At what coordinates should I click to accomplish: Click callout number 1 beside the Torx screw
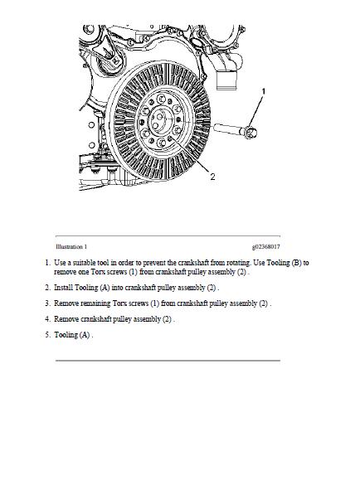(263, 91)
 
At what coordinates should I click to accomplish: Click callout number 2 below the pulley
(212, 177)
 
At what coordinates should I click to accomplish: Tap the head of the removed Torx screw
(251, 132)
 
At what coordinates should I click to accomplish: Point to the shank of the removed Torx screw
(229, 129)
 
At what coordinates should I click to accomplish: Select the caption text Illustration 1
(71, 247)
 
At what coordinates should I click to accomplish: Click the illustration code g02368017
(266, 247)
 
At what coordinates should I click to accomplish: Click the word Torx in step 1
(98, 272)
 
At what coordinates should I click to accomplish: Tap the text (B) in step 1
(296, 263)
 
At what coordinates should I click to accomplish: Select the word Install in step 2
(64, 288)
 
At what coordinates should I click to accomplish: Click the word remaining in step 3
(95, 303)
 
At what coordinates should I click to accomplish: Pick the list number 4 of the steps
(47, 319)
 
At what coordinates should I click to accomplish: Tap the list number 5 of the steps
(47, 335)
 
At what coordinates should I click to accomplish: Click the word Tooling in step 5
(66, 335)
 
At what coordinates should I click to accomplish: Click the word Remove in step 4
(66, 319)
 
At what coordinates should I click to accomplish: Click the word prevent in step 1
(154, 263)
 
